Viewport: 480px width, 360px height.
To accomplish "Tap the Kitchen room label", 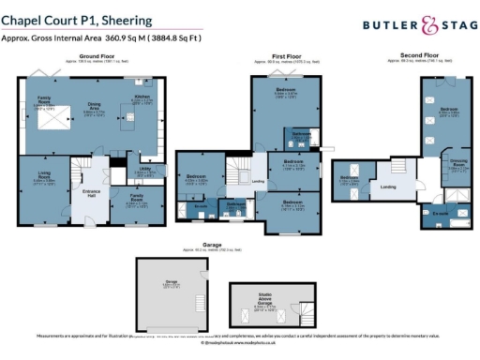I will pos(142,97).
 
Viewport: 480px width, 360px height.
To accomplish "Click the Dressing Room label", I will pos(458,162).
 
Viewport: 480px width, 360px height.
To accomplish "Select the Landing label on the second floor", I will pos(386,186).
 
